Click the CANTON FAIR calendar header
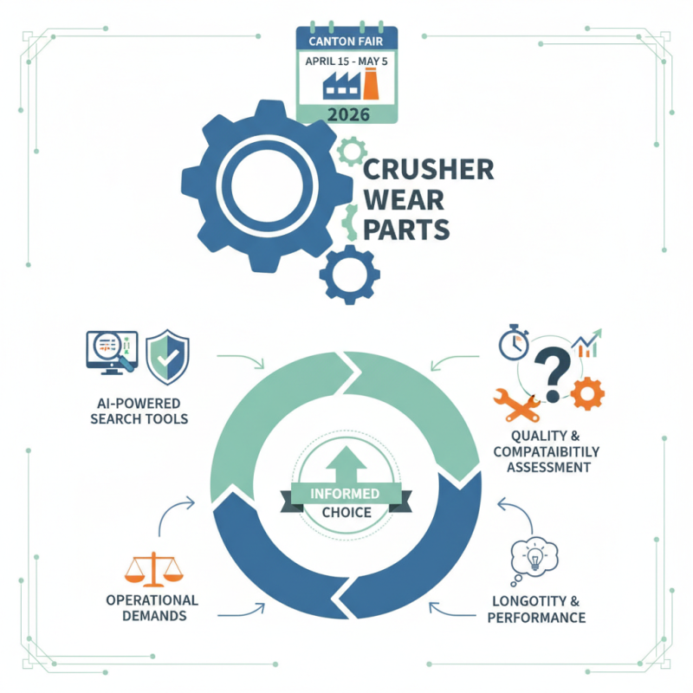[x=346, y=39]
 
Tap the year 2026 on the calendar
[x=346, y=112]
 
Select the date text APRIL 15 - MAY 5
[x=346, y=62]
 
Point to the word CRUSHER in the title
[x=429, y=169]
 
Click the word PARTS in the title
[x=407, y=230]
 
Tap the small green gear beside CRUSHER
[x=350, y=153]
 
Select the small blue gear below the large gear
[x=349, y=275]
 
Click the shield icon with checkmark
[x=168, y=356]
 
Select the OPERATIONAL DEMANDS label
[x=152, y=608]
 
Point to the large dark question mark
[x=552, y=371]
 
